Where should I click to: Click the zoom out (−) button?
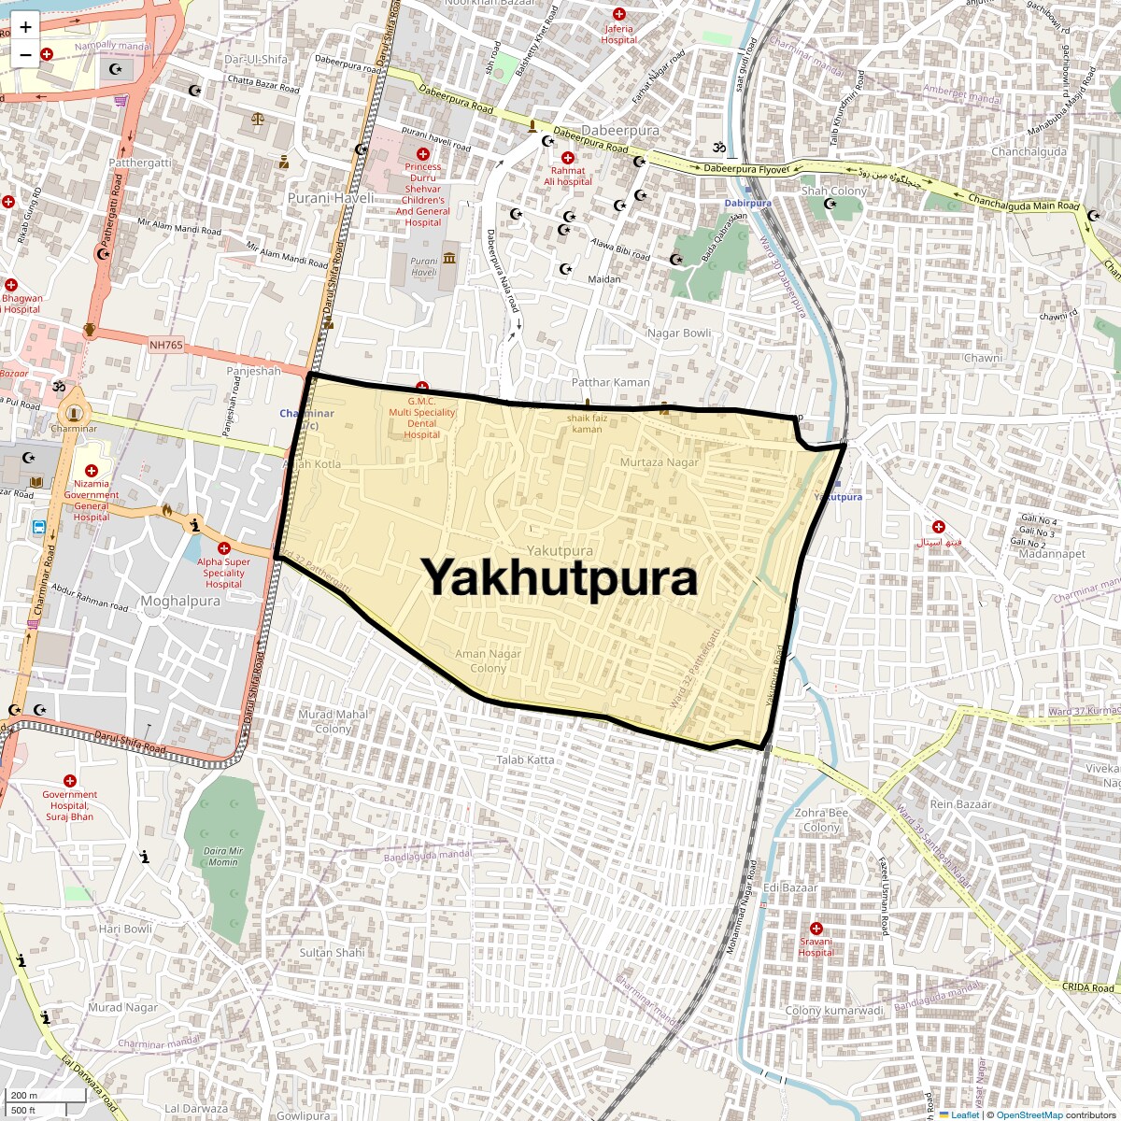pos(25,54)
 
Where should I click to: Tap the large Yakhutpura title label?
pos(560,577)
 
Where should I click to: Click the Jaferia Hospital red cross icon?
pos(618,14)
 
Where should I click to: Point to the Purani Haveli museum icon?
pos(449,257)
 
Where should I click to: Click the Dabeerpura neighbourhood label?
pos(620,131)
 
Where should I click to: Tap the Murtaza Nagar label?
pos(659,462)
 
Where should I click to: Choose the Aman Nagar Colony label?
pos(488,660)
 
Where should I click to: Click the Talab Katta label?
pos(525,759)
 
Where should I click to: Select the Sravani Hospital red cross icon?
pos(816,929)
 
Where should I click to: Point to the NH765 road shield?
pos(166,346)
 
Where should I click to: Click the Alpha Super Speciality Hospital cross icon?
pos(223,548)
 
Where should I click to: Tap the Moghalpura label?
pos(180,601)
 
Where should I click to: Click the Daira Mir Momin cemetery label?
pos(223,857)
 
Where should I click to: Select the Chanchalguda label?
pos(1029,151)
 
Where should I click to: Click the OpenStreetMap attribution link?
pos(1029,1114)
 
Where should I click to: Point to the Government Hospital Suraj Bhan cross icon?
pos(69,781)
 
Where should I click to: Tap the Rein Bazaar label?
pos(960,803)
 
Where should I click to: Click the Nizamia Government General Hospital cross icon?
pos(92,471)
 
